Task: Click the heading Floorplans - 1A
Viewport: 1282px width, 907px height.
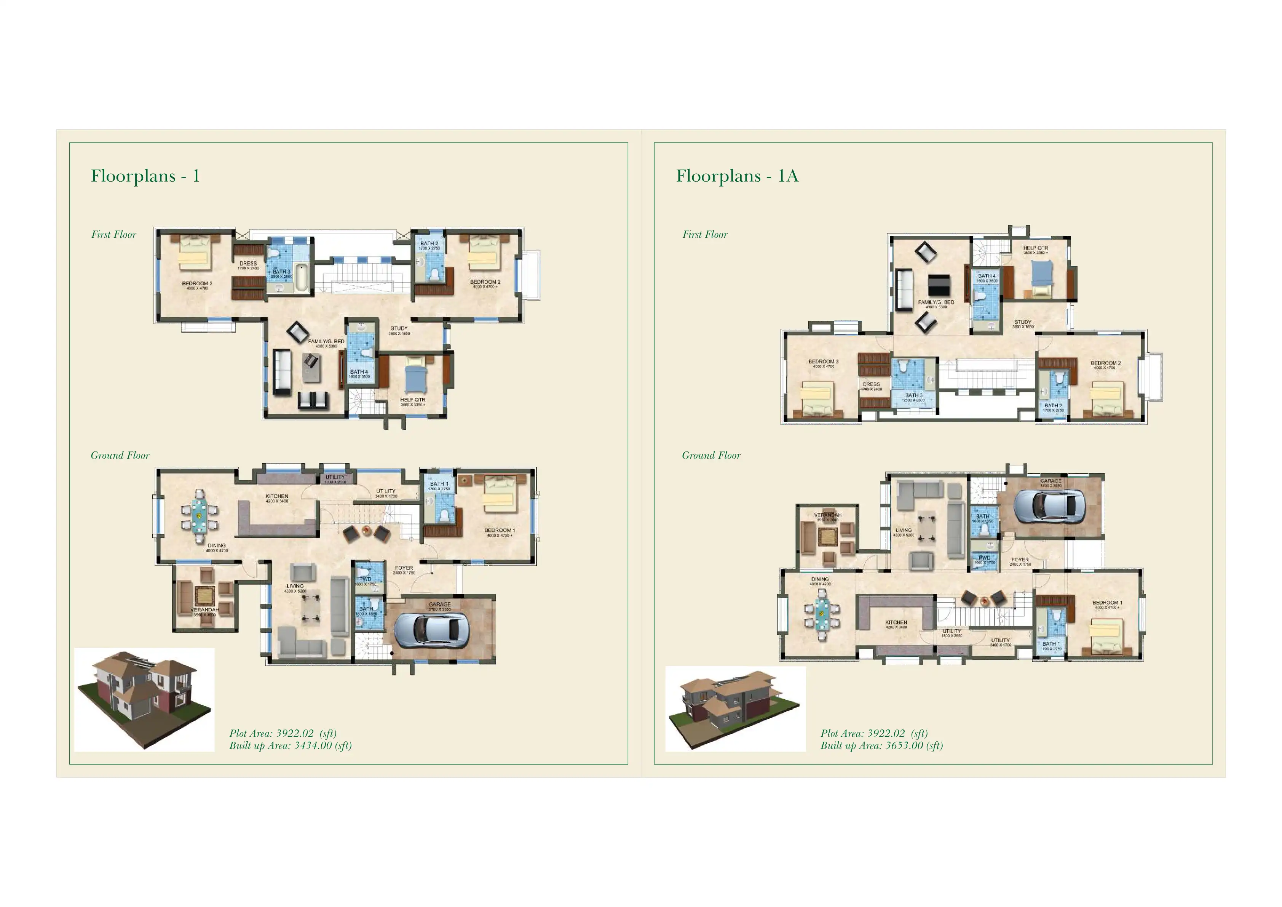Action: tap(737, 176)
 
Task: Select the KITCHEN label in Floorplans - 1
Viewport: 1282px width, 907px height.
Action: tap(277, 496)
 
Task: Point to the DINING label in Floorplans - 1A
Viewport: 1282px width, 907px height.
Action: tap(820, 579)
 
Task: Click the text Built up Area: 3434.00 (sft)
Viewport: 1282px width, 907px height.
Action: tap(291, 745)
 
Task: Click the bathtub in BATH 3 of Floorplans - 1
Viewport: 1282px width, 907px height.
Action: tap(302, 278)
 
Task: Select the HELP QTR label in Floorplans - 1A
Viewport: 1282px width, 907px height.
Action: tap(1035, 248)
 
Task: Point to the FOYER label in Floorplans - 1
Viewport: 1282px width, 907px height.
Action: tap(404, 568)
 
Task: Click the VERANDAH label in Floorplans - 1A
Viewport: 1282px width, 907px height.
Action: tap(827, 515)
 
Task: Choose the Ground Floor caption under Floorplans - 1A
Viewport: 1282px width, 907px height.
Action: tap(711, 455)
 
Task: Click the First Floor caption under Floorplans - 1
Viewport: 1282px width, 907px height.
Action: tap(114, 235)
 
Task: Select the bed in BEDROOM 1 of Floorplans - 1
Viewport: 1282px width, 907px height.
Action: tap(499, 495)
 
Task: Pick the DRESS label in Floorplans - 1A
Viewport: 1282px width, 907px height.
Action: tap(871, 384)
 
